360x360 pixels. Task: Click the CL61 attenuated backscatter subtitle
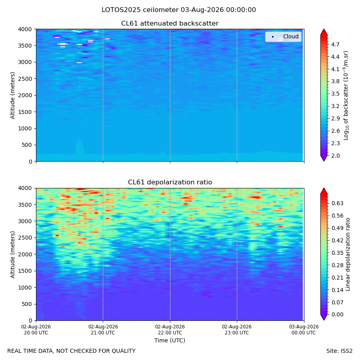click(x=170, y=24)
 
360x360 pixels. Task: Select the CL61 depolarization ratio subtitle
click(x=170, y=182)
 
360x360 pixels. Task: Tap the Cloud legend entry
click(x=283, y=36)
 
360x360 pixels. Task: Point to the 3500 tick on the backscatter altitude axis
click(x=25, y=46)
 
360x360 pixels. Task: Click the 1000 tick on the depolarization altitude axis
click(x=25, y=288)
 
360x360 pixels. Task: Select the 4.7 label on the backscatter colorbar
click(x=335, y=44)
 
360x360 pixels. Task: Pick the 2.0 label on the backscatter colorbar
click(x=335, y=156)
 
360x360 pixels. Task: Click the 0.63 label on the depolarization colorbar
click(x=337, y=204)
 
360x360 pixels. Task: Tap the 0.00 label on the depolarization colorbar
click(x=337, y=314)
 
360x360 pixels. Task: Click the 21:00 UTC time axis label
click(x=103, y=330)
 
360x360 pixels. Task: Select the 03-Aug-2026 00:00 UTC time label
click(x=304, y=330)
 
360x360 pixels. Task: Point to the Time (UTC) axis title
click(x=170, y=340)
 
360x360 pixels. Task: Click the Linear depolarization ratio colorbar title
click(x=348, y=254)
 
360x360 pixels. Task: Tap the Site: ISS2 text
click(x=339, y=351)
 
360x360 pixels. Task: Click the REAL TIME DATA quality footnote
click(x=72, y=351)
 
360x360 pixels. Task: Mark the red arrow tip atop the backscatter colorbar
click(x=324, y=29)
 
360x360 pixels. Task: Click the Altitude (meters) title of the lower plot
click(x=12, y=255)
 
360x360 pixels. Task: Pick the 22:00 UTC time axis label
click(x=170, y=330)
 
